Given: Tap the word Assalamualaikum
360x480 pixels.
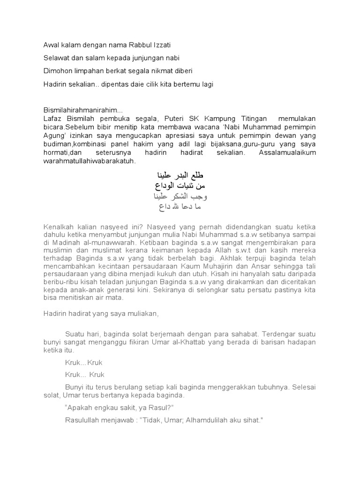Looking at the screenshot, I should (289, 152).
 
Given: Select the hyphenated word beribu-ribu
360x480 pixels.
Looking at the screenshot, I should (60, 285).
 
